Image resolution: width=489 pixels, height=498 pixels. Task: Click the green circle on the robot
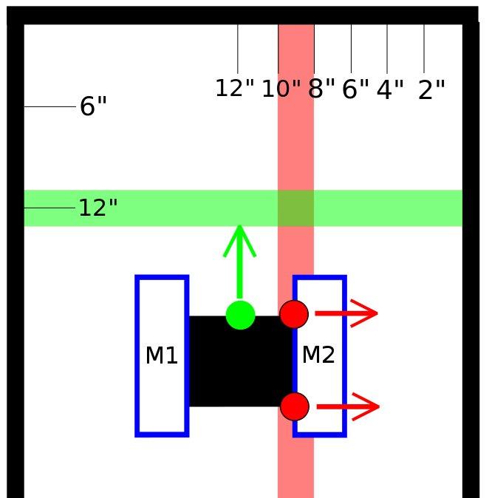pyautogui.click(x=240, y=315)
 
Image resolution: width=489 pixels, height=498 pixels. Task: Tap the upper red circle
pyautogui.click(x=294, y=314)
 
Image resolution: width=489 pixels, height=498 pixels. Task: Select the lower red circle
pyautogui.click(x=294, y=406)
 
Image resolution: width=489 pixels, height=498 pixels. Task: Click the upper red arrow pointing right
pyautogui.click(x=347, y=313)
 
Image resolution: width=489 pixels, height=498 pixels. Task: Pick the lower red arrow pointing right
pyautogui.click(x=347, y=406)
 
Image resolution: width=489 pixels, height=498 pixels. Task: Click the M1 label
pyautogui.click(x=162, y=356)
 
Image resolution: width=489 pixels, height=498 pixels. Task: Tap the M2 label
pyautogui.click(x=318, y=355)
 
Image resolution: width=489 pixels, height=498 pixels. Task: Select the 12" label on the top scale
pyautogui.click(x=235, y=89)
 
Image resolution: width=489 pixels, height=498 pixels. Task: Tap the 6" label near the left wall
pyautogui.click(x=93, y=107)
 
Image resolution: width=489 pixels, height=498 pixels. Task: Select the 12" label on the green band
pyautogui.click(x=98, y=208)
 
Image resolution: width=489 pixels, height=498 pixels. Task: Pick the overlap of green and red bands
pyautogui.click(x=295, y=208)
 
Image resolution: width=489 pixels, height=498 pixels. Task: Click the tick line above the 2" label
pyautogui.click(x=424, y=49)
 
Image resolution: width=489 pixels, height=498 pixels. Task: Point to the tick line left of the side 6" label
pyautogui.click(x=49, y=107)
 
